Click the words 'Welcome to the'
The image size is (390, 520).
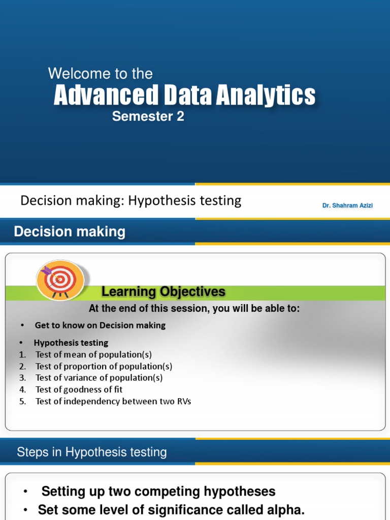tap(100, 74)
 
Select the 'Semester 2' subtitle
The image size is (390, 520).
tap(148, 117)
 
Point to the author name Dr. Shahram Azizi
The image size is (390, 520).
tap(347, 206)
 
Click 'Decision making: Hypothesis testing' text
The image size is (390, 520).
tap(131, 201)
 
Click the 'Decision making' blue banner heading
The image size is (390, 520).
tap(70, 232)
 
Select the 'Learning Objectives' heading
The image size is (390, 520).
tap(163, 292)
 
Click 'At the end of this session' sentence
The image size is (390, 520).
tap(194, 308)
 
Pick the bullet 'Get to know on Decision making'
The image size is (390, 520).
tap(100, 325)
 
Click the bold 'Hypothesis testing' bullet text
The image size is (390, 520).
tap(71, 343)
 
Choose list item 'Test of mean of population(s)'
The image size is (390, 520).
tap(93, 354)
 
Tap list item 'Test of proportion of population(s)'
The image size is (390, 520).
tap(104, 366)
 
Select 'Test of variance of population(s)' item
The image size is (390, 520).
tap(99, 378)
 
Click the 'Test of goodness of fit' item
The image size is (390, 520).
tap(79, 389)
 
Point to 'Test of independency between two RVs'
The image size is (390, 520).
tap(113, 401)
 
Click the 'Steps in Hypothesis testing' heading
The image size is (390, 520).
tap(92, 452)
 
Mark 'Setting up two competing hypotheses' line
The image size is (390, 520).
tap(158, 492)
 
